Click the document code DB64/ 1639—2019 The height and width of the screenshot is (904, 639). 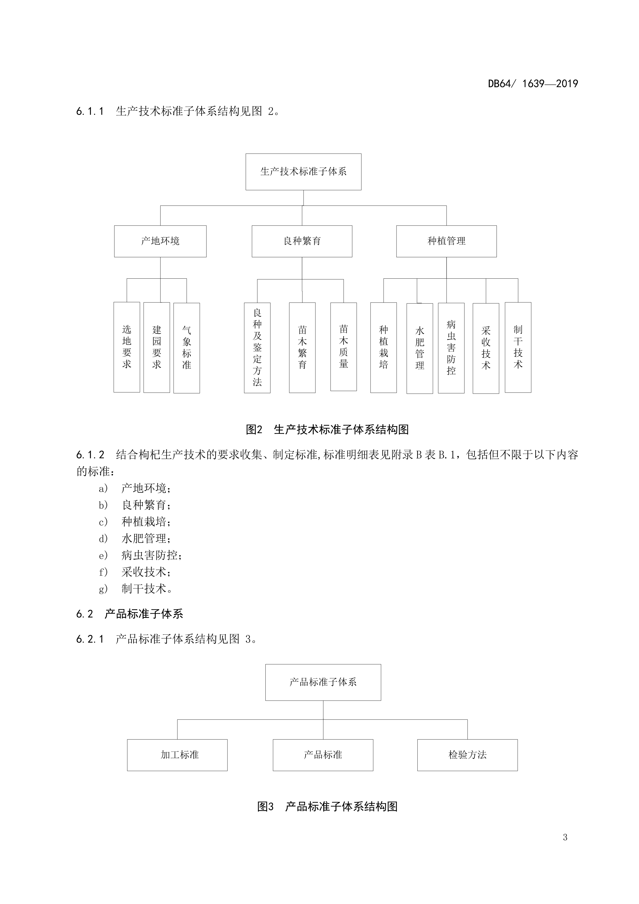(533, 84)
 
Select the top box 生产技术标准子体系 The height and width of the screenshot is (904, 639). (303, 172)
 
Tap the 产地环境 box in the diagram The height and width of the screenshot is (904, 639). (160, 241)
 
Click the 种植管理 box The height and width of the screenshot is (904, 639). (446, 241)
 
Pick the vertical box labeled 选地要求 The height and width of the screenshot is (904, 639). (127, 347)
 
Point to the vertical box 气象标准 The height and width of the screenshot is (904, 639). (187, 348)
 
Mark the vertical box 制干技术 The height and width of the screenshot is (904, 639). (518, 347)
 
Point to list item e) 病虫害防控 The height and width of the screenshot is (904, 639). (140, 555)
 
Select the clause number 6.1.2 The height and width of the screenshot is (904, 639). (90, 455)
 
